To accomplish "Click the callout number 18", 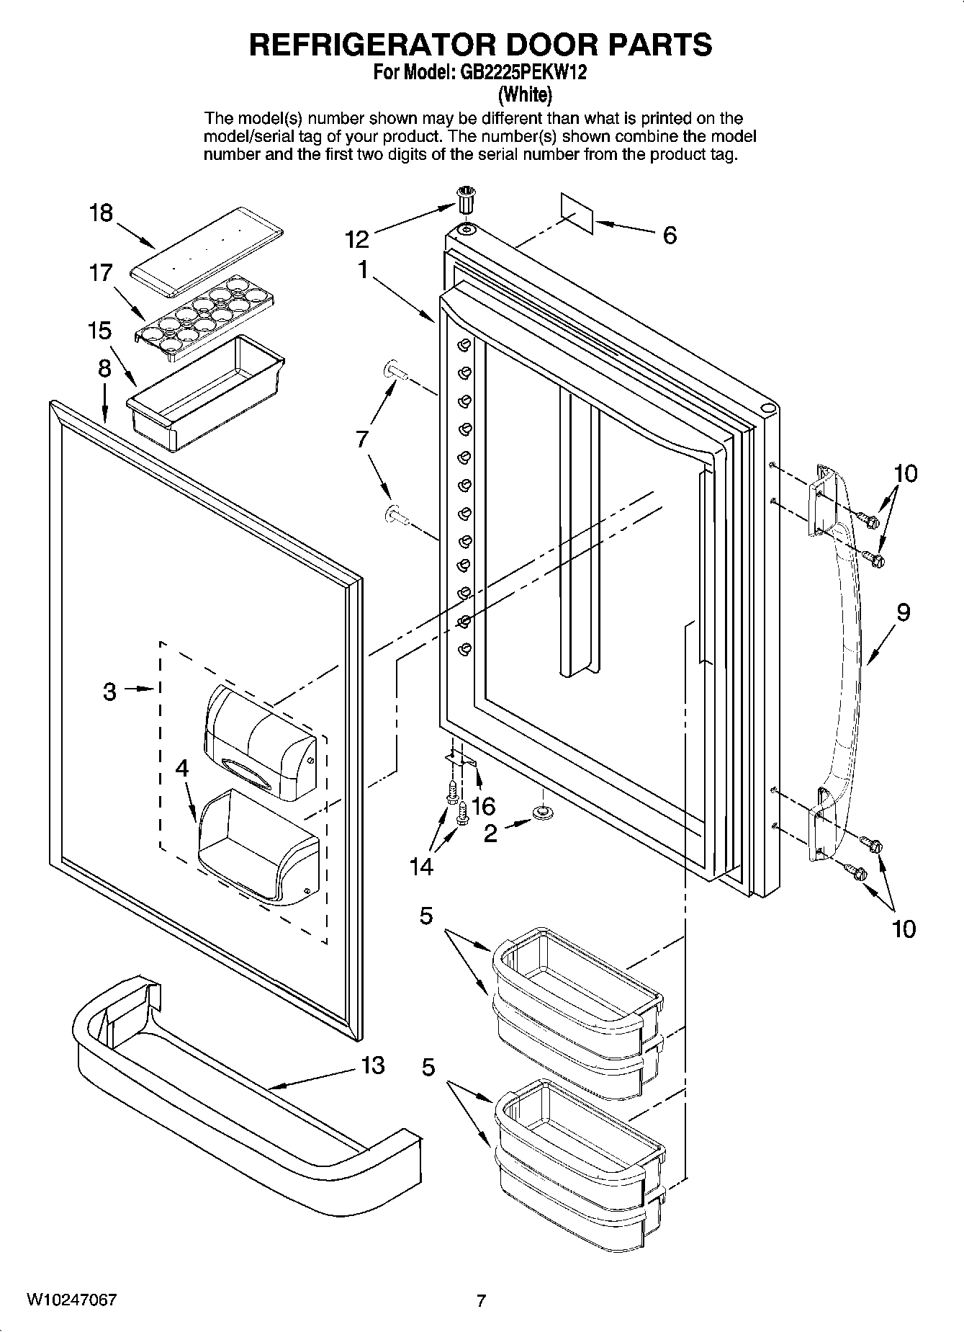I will tap(101, 213).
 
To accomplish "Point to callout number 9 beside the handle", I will tap(903, 612).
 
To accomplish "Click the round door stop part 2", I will tap(541, 813).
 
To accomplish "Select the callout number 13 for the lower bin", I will tap(372, 1065).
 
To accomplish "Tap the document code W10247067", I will tap(71, 1300).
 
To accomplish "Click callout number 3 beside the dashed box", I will tap(109, 692).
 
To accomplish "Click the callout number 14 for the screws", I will tap(421, 867).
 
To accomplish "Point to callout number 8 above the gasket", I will tap(105, 369).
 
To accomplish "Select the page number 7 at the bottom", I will tap(482, 1300).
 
